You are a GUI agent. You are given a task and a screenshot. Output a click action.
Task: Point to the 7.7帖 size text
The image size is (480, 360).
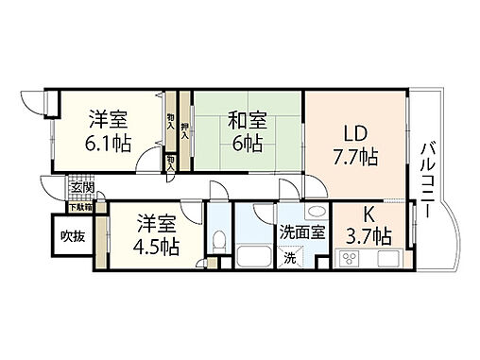coord(354,156)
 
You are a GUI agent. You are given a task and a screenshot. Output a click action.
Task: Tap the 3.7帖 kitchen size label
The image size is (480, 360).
coord(369,233)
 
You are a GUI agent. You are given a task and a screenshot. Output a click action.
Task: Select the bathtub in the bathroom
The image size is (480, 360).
coord(252,257)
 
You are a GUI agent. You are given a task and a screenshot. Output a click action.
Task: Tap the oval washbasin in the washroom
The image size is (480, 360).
coord(316,212)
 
